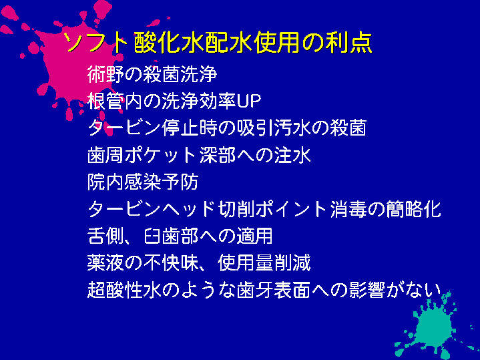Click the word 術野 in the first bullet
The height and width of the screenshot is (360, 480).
click(105, 74)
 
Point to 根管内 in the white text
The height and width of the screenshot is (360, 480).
click(114, 101)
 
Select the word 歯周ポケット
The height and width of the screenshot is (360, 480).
click(142, 155)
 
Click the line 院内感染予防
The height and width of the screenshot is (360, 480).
click(143, 182)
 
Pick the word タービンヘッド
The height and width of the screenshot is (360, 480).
click(151, 209)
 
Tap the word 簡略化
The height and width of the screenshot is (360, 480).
click(413, 209)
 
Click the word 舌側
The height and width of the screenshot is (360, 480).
click(105, 236)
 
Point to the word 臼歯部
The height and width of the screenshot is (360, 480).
click(170, 236)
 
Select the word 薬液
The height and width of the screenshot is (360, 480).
click(105, 263)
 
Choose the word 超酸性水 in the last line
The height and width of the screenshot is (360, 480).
click(124, 290)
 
